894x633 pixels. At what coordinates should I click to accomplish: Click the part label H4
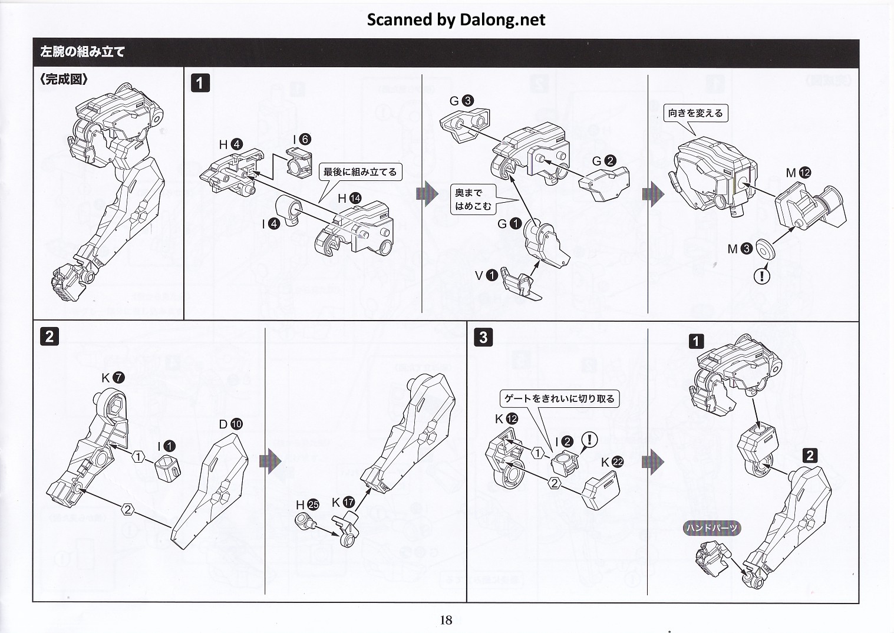(x=230, y=144)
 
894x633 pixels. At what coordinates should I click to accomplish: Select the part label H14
(x=349, y=199)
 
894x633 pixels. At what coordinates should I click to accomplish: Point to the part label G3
(x=461, y=101)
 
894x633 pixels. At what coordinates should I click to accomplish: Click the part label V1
(x=486, y=275)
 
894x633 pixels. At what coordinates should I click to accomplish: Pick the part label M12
(x=799, y=173)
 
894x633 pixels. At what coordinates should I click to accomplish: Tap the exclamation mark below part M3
(x=762, y=275)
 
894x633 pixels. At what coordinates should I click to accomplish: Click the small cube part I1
(x=168, y=469)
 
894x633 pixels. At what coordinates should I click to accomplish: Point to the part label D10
(x=230, y=424)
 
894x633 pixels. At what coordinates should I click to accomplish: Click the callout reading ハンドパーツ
(x=712, y=528)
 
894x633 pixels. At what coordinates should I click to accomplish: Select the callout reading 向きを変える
(x=695, y=113)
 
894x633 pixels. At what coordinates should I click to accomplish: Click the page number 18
(x=446, y=619)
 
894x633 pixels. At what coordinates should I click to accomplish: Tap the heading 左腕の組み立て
(x=83, y=52)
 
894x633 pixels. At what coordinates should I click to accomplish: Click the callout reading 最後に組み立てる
(x=360, y=172)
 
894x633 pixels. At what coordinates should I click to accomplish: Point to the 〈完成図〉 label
(x=64, y=80)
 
